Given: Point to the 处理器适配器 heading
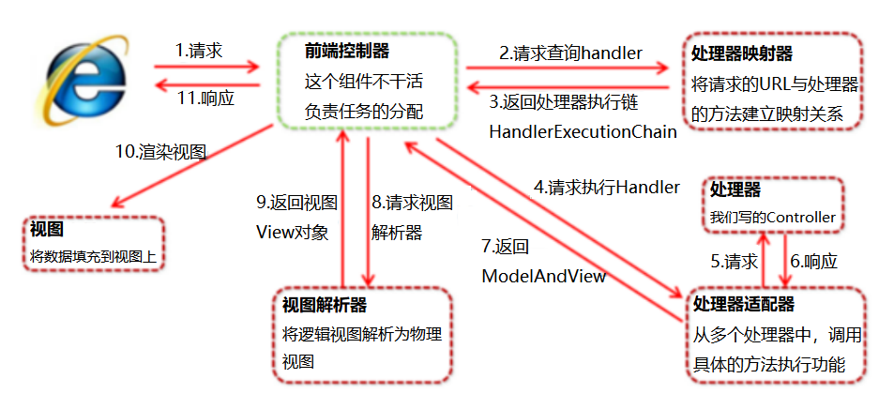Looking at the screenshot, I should coord(742,304).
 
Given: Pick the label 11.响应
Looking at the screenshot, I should coord(203,96).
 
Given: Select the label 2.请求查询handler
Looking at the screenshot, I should coord(569,53).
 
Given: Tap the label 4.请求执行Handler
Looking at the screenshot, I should coord(606,188).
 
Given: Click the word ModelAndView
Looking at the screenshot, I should coord(543,276).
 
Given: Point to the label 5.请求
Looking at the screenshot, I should coord(731,262).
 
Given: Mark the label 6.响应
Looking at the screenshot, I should coord(813,262).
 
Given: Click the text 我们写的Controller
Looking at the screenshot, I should coord(772,218).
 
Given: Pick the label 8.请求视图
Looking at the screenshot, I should coord(412,203).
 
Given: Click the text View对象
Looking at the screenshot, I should coord(292,233).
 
